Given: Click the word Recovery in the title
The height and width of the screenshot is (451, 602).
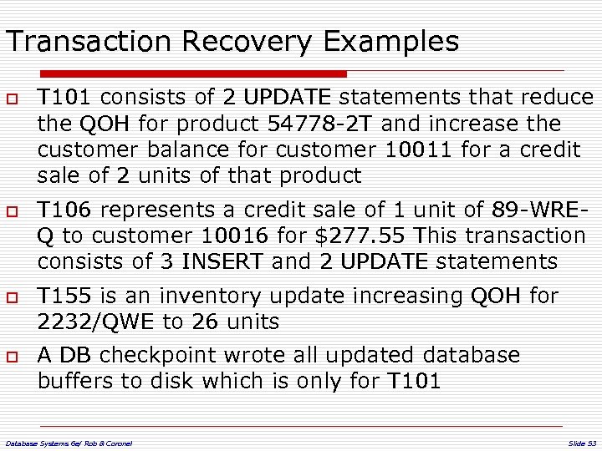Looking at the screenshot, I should (x=248, y=41).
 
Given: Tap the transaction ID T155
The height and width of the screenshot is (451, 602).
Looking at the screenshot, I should (x=64, y=296).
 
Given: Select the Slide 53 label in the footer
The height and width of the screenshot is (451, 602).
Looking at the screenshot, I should (x=581, y=442).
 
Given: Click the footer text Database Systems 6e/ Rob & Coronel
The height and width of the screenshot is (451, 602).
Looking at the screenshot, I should (x=69, y=442).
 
